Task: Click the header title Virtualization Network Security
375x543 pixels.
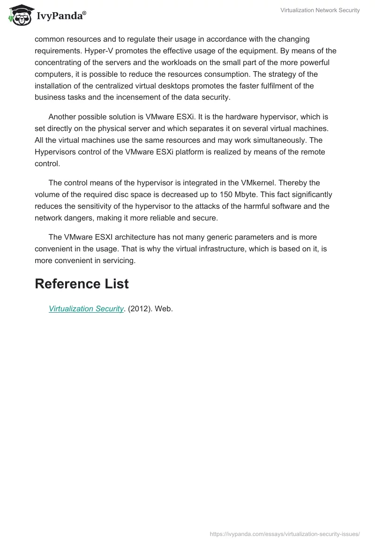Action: pyautogui.click(x=320, y=10)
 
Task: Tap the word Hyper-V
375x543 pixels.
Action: pyautogui.click(x=97, y=51)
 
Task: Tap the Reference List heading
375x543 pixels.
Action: pyautogui.click(x=82, y=284)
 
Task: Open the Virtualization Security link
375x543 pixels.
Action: pyautogui.click(x=86, y=309)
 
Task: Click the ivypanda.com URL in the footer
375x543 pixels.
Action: pyautogui.click(x=285, y=534)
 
